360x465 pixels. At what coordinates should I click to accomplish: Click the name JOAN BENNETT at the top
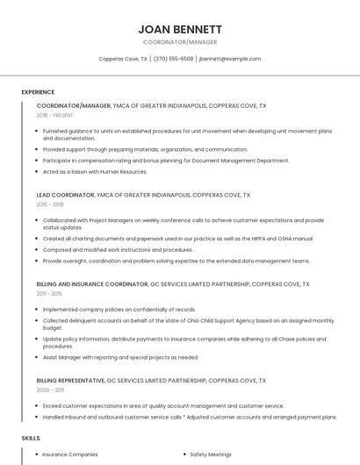coord(179,29)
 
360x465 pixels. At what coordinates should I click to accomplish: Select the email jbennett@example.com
coord(230,59)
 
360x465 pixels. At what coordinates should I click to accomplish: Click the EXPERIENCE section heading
coord(38,92)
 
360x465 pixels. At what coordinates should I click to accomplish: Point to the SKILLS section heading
coord(31,437)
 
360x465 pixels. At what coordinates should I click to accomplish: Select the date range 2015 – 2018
coord(50,204)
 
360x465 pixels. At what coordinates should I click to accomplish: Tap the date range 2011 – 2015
coord(49,294)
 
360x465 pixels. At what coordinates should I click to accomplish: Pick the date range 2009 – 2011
coord(50,390)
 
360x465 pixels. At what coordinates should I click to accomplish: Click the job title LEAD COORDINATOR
coord(65,195)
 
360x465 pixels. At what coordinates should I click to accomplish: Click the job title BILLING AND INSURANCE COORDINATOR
coord(92,284)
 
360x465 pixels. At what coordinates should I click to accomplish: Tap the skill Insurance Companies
coord(70,454)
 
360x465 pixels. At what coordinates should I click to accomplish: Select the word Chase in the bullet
coord(272,339)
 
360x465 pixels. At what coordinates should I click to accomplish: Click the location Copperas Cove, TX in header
coord(123,59)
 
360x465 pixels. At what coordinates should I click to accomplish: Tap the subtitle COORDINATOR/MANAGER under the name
coord(179,42)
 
